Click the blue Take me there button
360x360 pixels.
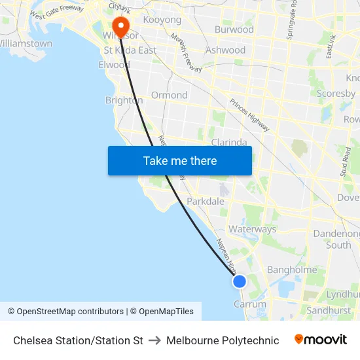click(x=180, y=160)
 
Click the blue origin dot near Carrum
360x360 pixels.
click(x=240, y=281)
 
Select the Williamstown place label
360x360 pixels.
click(x=26, y=44)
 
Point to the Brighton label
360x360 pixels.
click(x=124, y=100)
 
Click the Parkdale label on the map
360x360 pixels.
click(x=206, y=202)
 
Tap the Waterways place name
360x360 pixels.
click(x=253, y=230)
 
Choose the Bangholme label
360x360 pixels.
click(x=292, y=270)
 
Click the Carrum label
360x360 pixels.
click(x=250, y=304)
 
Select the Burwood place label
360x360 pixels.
click(x=234, y=29)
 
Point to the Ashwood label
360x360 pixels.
click(x=225, y=50)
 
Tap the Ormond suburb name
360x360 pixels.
click(x=169, y=95)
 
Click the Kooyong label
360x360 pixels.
click(x=162, y=20)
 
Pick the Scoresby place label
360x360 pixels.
click(x=336, y=94)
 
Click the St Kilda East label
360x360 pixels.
click(x=130, y=50)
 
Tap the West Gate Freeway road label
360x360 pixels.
click(x=56, y=12)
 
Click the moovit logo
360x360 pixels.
click(x=321, y=340)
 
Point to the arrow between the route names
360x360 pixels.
click(x=154, y=340)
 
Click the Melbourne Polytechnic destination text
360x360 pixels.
click(x=223, y=340)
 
